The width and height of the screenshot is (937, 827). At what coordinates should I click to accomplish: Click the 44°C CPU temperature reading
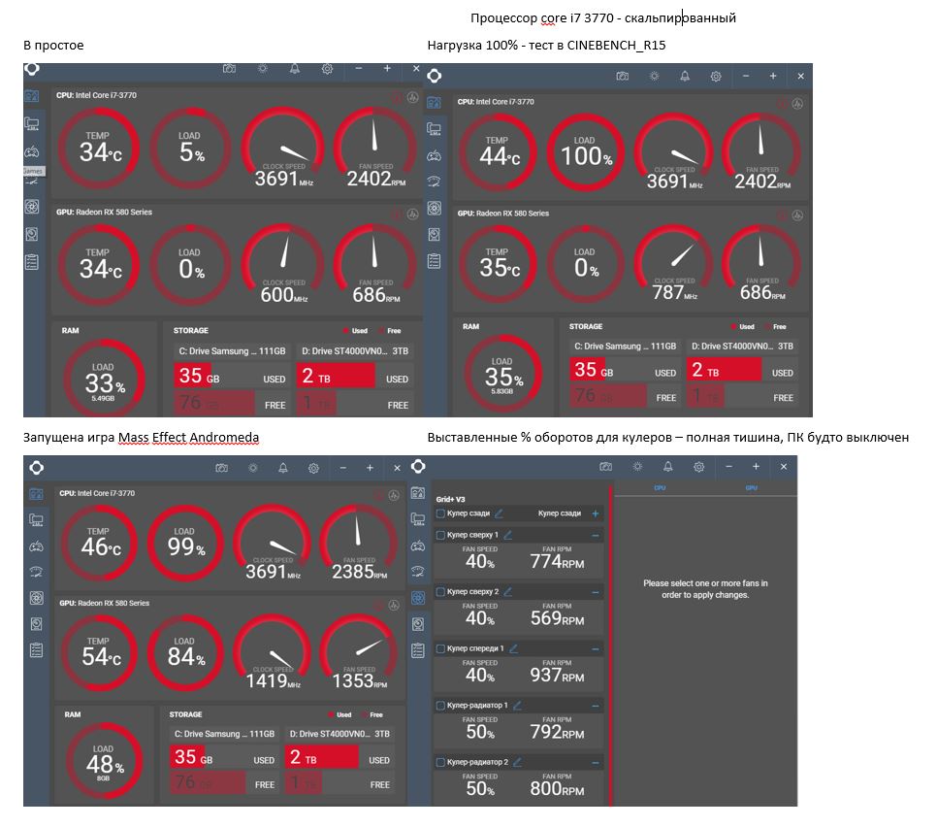(496, 155)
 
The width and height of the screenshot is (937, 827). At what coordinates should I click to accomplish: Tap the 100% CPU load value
(586, 155)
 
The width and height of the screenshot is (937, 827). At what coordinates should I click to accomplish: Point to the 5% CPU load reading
(190, 152)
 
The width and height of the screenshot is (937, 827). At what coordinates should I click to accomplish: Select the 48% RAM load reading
(104, 763)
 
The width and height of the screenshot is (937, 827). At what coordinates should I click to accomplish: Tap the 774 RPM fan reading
(557, 561)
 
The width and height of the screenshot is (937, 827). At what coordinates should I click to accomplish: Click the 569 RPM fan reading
(557, 618)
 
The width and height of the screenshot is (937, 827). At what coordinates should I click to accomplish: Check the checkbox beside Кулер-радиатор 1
(440, 706)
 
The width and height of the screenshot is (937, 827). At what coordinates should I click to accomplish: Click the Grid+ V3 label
(451, 498)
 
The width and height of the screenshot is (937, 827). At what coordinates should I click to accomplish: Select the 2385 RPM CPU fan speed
(353, 572)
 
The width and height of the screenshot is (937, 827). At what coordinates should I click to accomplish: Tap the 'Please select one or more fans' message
(705, 589)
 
